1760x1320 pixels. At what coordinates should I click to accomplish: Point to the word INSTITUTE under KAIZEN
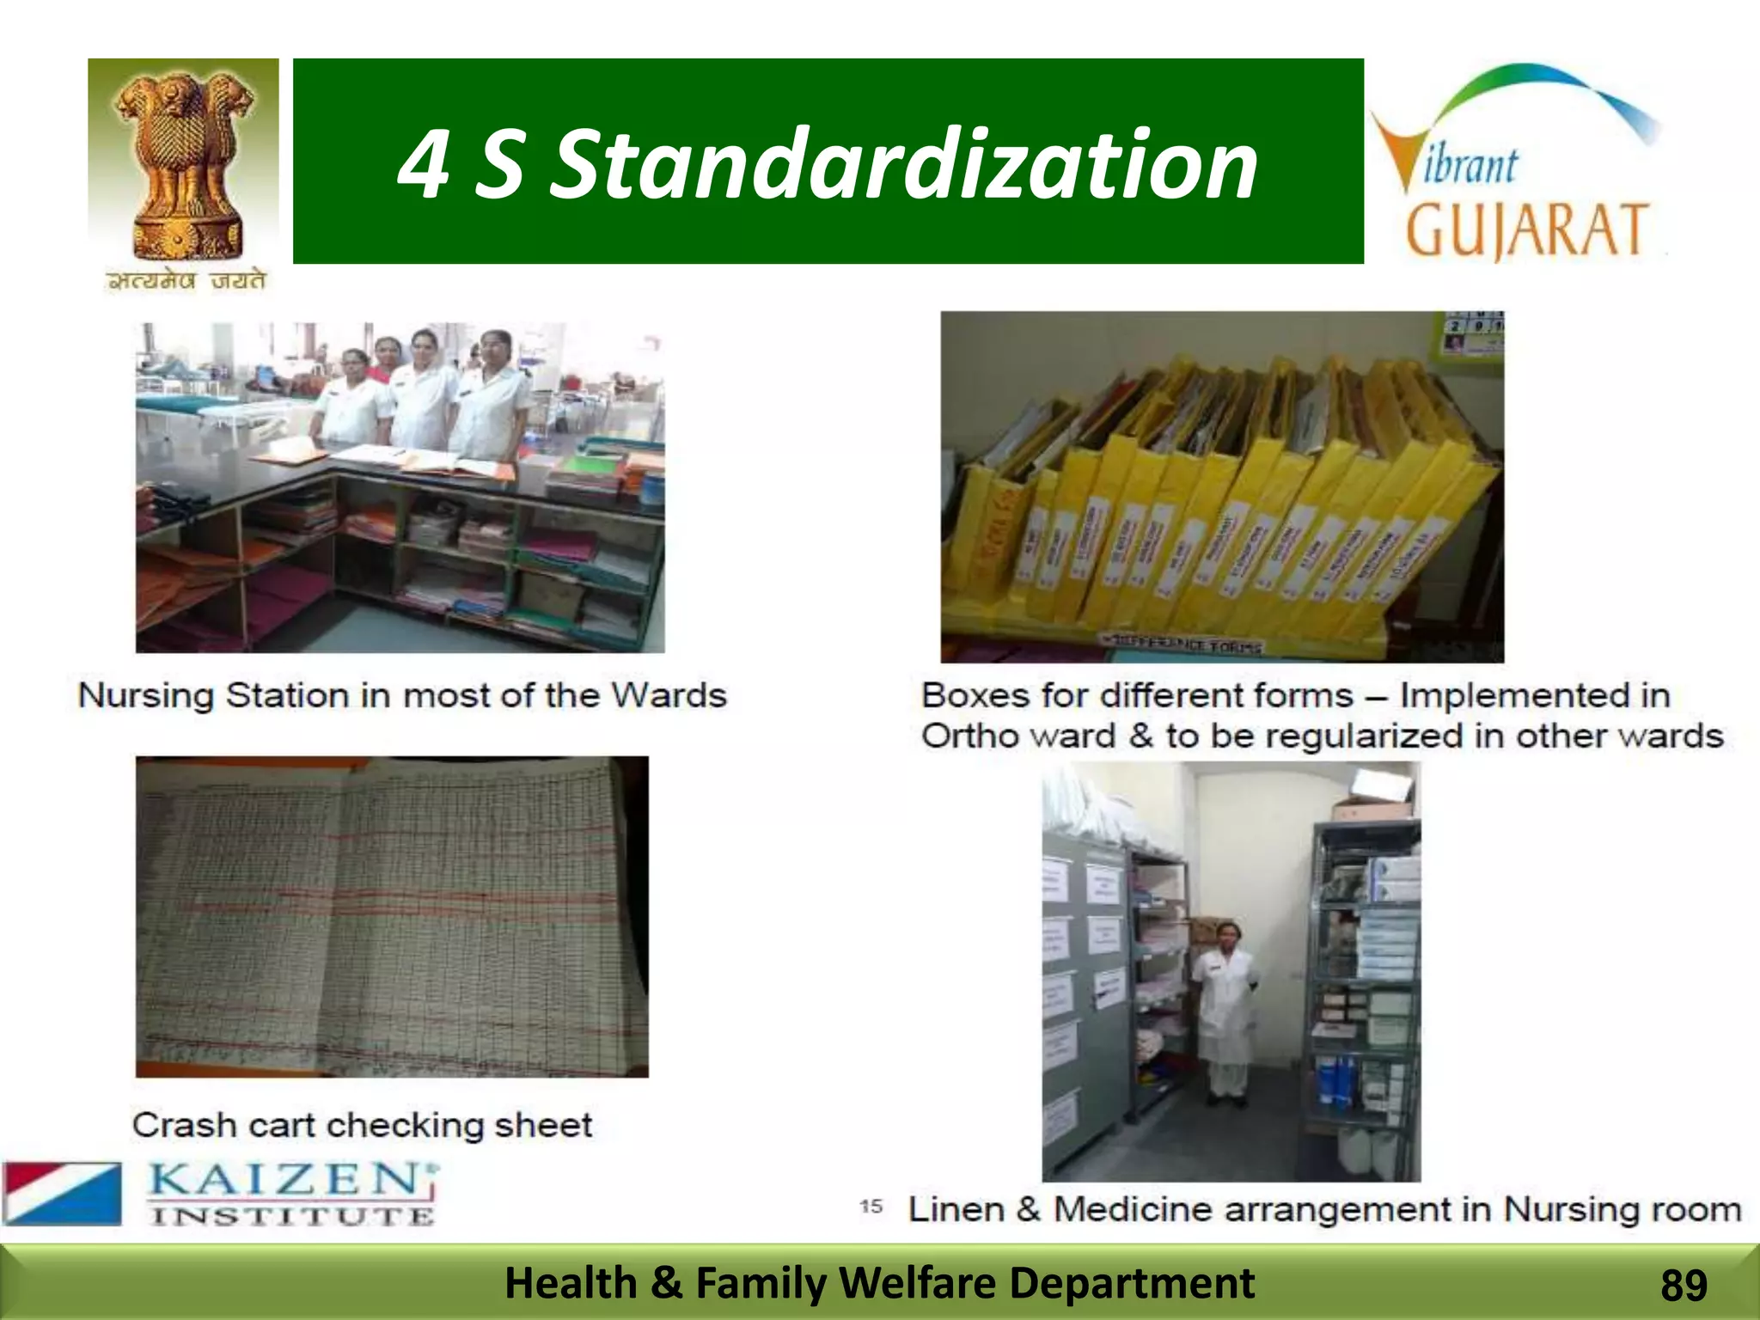tap(292, 1216)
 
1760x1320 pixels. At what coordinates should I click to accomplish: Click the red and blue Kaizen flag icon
tap(62, 1193)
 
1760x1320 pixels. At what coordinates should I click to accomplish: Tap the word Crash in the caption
tap(184, 1125)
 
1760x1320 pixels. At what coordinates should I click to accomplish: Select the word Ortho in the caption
tap(969, 736)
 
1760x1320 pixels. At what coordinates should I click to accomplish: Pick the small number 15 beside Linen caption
tap(871, 1207)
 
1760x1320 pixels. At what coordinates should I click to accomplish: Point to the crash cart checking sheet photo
tap(392, 916)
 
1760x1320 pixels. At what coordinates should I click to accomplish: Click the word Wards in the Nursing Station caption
tap(669, 695)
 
